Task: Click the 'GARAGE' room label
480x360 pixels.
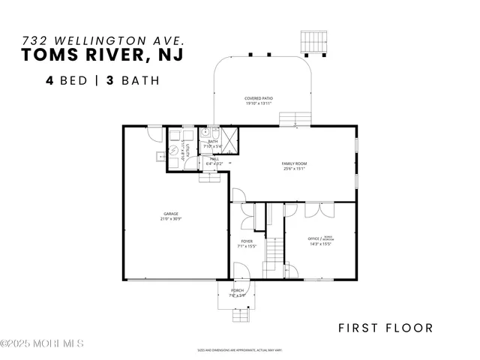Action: pyautogui.click(x=171, y=213)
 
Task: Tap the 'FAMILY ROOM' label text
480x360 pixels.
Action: pyautogui.click(x=295, y=163)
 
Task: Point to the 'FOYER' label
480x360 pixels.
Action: pyautogui.click(x=246, y=241)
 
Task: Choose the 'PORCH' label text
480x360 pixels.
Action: pyautogui.click(x=237, y=290)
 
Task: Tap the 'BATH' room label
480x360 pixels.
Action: pyautogui.click(x=213, y=141)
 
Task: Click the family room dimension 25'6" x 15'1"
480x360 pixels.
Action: pyautogui.click(x=295, y=169)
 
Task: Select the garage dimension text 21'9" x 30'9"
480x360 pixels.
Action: pyautogui.click(x=171, y=219)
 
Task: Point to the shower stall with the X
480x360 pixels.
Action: pyautogui.click(x=229, y=136)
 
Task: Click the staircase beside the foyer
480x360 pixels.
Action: pyautogui.click(x=276, y=250)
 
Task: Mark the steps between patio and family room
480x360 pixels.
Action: pyautogui.click(x=289, y=118)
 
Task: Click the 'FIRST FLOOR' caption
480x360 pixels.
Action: pyautogui.click(x=385, y=328)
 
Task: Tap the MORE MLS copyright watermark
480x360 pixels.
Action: pyautogui.click(x=42, y=343)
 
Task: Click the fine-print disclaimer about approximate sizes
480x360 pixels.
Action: pyautogui.click(x=238, y=349)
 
